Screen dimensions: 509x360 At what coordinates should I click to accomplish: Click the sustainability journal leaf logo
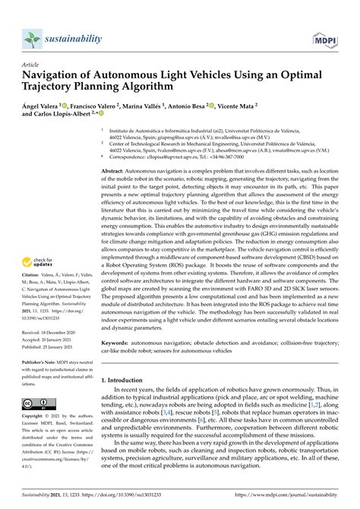pyautogui.click(x=32, y=38)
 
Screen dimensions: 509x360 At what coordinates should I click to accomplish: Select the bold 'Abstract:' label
pyautogui.click(x=117, y=172)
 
